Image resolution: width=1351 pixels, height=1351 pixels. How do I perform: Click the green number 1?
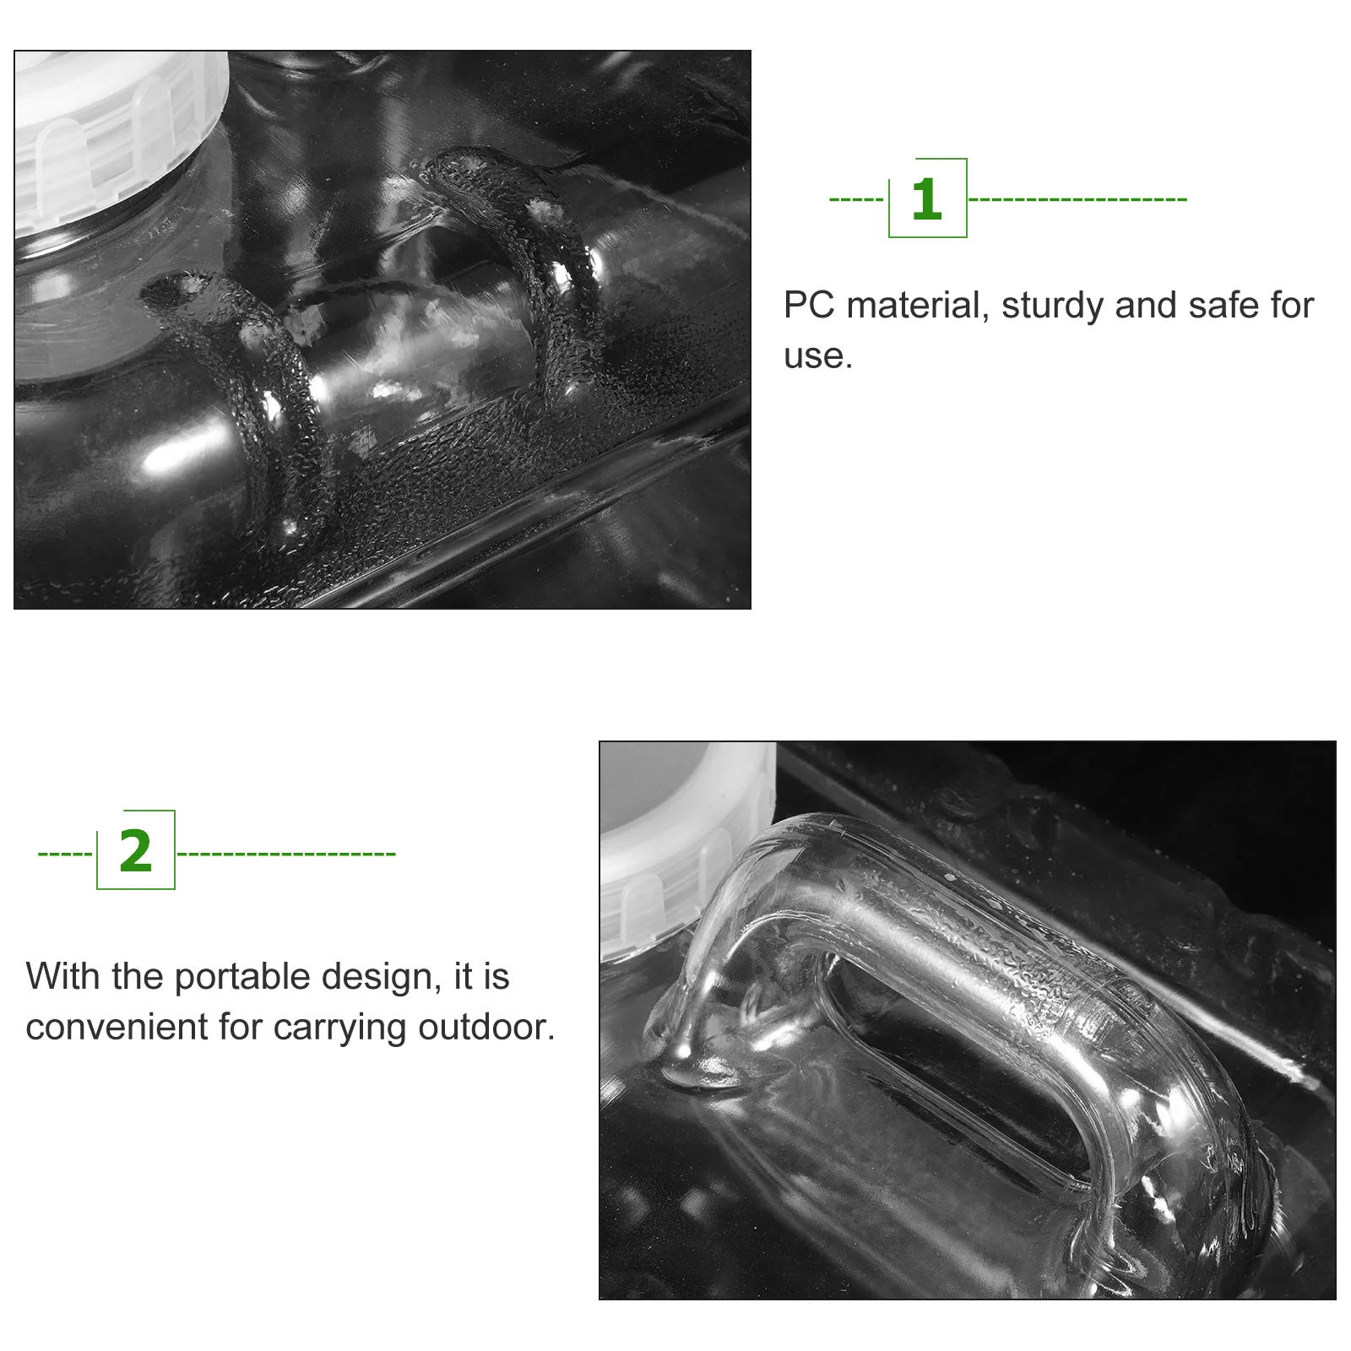tap(927, 200)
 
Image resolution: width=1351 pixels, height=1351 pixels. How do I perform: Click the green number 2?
tap(136, 851)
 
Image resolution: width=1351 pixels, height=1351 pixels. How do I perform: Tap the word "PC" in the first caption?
tap(809, 305)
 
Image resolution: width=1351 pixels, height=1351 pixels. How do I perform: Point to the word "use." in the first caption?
tap(818, 357)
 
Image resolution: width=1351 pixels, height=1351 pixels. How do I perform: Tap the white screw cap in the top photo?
tap(118, 135)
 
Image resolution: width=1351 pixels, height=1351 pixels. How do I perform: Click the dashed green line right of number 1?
tap(1077, 200)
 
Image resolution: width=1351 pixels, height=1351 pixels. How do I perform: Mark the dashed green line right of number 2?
tap(287, 854)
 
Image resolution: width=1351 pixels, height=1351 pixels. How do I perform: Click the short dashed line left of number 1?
tap(856, 200)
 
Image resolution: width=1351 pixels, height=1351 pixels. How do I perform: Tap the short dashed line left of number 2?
tap(65, 854)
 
